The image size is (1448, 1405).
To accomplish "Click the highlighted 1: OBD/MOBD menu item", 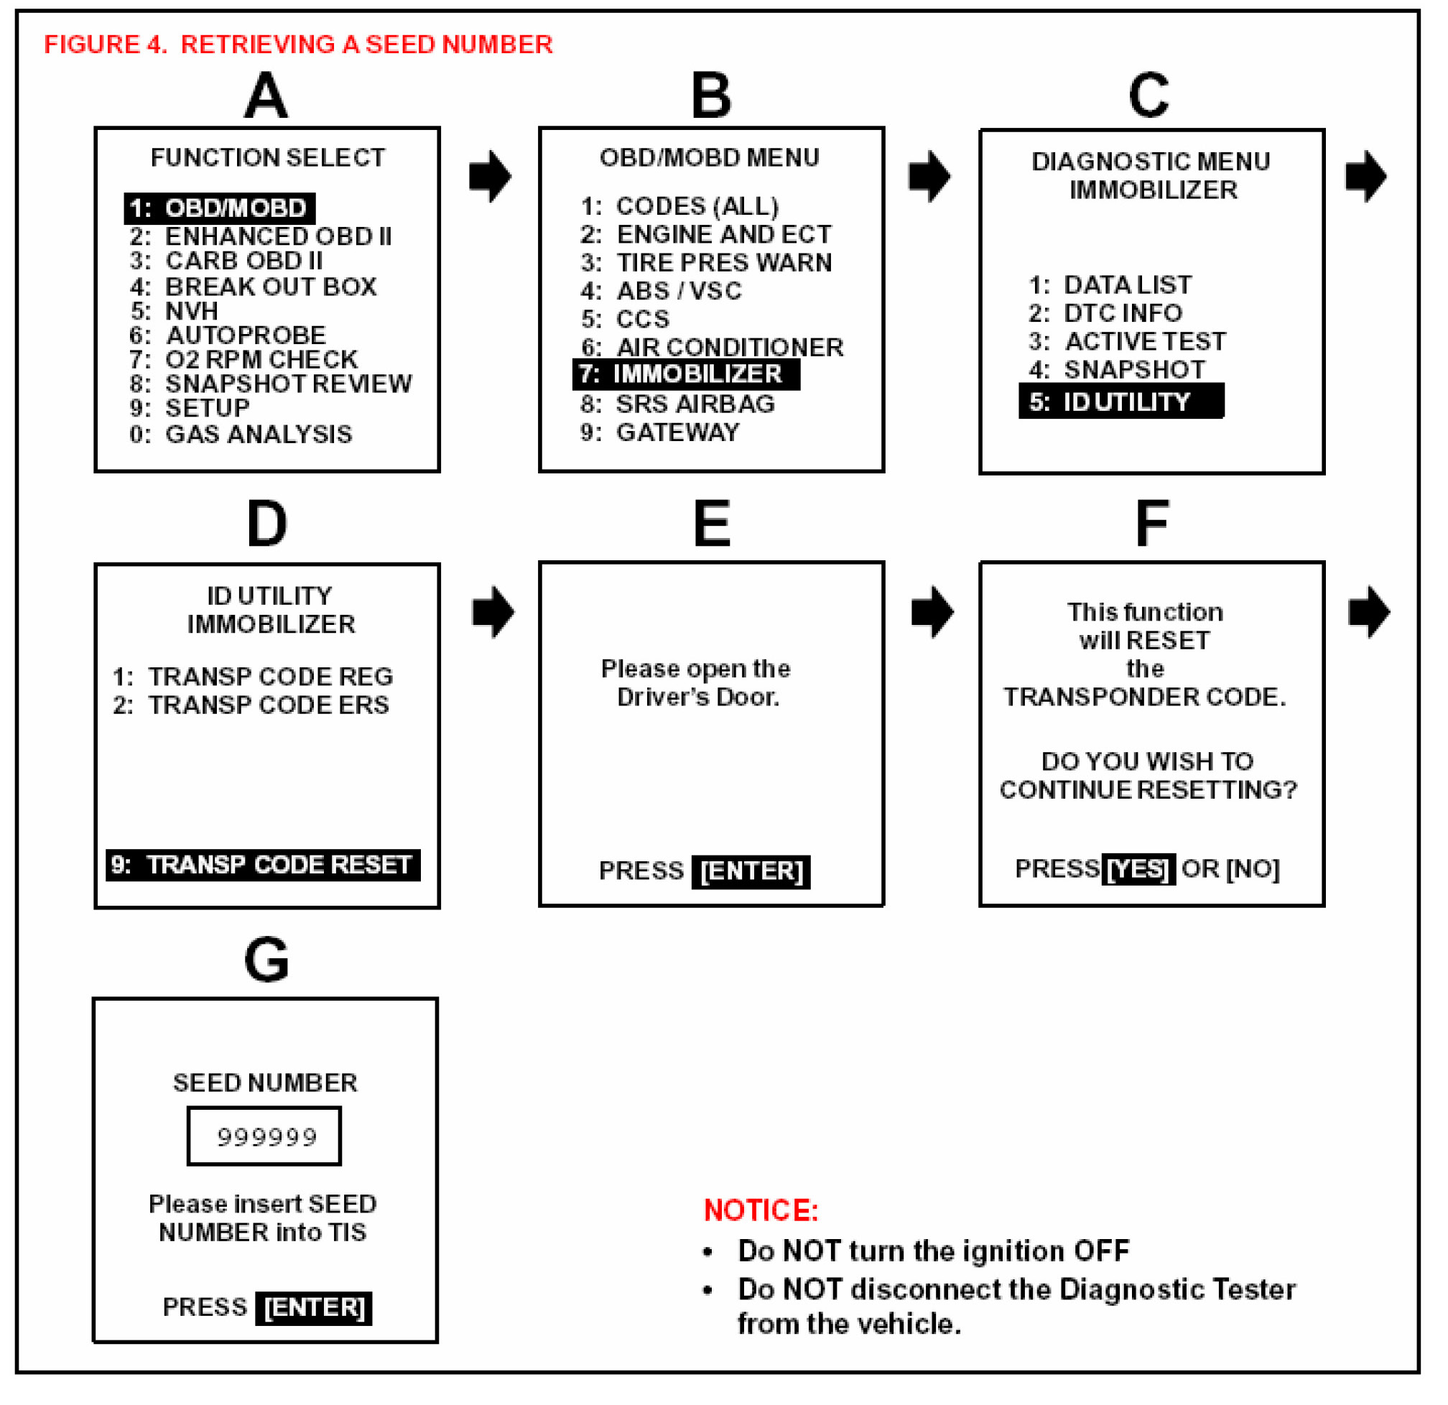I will click(x=219, y=208).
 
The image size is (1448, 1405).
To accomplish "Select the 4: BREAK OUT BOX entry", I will click(x=254, y=287).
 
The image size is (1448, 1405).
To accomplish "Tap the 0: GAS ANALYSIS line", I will click(x=241, y=435).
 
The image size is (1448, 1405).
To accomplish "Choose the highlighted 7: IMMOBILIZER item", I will click(x=687, y=374).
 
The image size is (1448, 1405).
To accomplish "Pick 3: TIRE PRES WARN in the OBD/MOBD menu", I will click(x=706, y=263).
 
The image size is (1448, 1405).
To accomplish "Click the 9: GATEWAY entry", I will click(x=661, y=433).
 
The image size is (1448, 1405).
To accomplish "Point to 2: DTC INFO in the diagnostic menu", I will click(x=1106, y=313).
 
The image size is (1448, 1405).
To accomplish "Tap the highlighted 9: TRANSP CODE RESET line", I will click(x=263, y=865).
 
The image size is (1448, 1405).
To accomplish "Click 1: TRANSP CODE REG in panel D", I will click(x=253, y=677).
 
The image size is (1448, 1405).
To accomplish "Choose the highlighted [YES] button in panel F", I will click(x=1138, y=869).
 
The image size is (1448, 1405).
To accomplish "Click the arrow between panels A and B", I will click(x=491, y=177).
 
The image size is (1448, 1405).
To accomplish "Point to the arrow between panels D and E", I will click(x=493, y=613).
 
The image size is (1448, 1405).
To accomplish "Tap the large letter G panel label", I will click(x=266, y=960).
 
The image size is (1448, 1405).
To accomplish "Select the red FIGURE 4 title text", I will click(x=299, y=45).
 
